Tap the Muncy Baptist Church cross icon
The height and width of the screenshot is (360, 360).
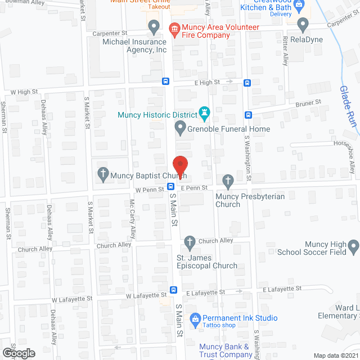[102, 174]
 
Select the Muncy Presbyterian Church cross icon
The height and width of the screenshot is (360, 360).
[227, 181]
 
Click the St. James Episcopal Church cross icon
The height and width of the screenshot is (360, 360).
[190, 242]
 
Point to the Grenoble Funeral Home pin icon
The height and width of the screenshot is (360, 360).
[180, 129]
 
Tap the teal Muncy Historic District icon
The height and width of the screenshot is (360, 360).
[204, 115]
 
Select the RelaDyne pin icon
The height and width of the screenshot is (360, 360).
[303, 25]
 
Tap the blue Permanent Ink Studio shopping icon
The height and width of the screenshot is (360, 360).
[195, 319]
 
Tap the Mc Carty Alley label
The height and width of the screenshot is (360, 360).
[132, 217]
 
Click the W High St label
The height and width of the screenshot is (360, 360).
[24, 91]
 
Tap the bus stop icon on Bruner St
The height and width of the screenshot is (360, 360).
[248, 115]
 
